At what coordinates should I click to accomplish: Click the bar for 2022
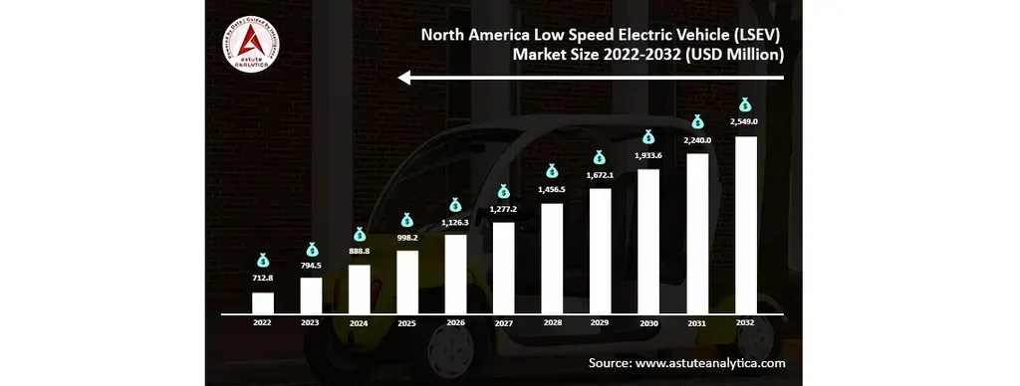pos(262,301)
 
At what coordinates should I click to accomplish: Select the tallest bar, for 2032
pos(745,224)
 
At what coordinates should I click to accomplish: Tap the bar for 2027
pos(504,267)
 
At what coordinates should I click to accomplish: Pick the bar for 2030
pos(648,240)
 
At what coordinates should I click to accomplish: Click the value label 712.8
pos(262,280)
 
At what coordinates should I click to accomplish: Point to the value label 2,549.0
pos(745,121)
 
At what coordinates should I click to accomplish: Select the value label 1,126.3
pos(455,223)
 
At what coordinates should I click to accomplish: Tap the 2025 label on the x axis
pos(406,323)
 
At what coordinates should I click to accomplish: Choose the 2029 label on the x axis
pos(600,323)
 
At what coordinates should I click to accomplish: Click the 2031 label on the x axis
pos(696,323)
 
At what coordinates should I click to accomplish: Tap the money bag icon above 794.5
pos(311,250)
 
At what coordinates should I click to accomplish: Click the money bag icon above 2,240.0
pos(697,121)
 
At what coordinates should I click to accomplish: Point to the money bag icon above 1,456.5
pos(552,171)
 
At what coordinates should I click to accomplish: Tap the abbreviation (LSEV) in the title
pos(758,34)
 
